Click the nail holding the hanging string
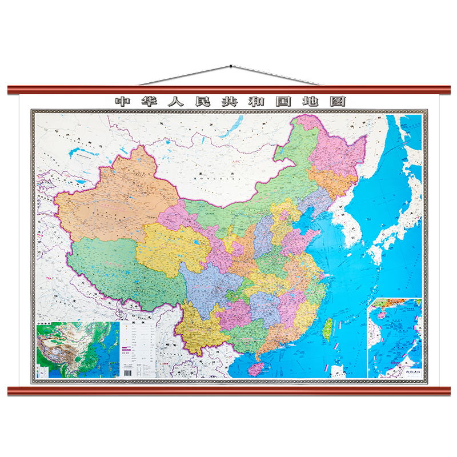pyautogui.click(x=230, y=67)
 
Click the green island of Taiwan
pyautogui.click(x=327, y=330)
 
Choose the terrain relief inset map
pyautogui.click(x=77, y=350)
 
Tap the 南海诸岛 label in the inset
pyautogui.click(x=408, y=372)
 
